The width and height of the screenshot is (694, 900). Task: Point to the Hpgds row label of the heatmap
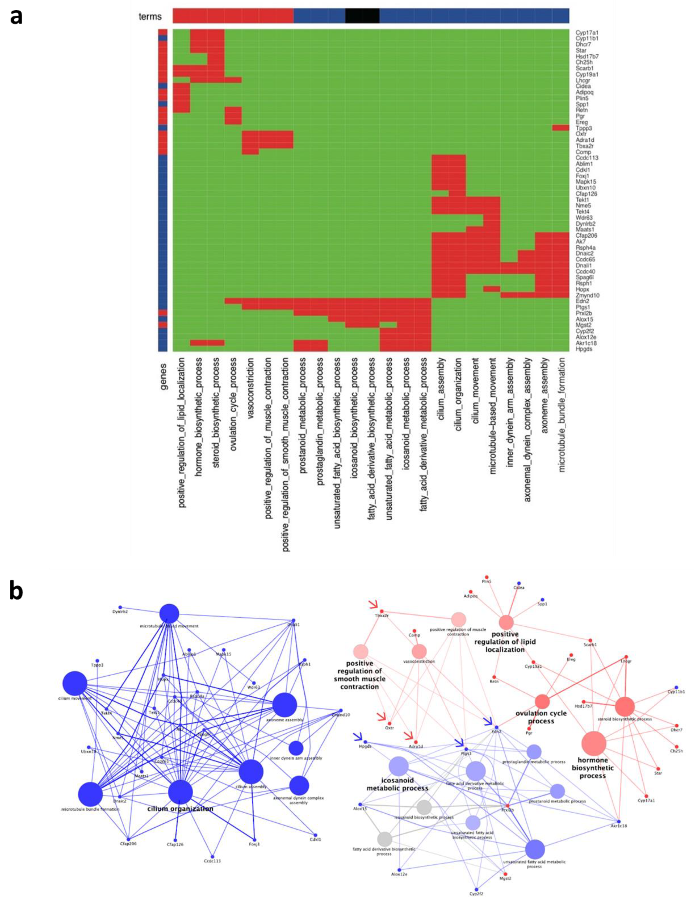point(584,349)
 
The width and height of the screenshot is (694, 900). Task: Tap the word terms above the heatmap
point(150,17)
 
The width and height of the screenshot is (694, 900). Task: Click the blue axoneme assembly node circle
point(284,705)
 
